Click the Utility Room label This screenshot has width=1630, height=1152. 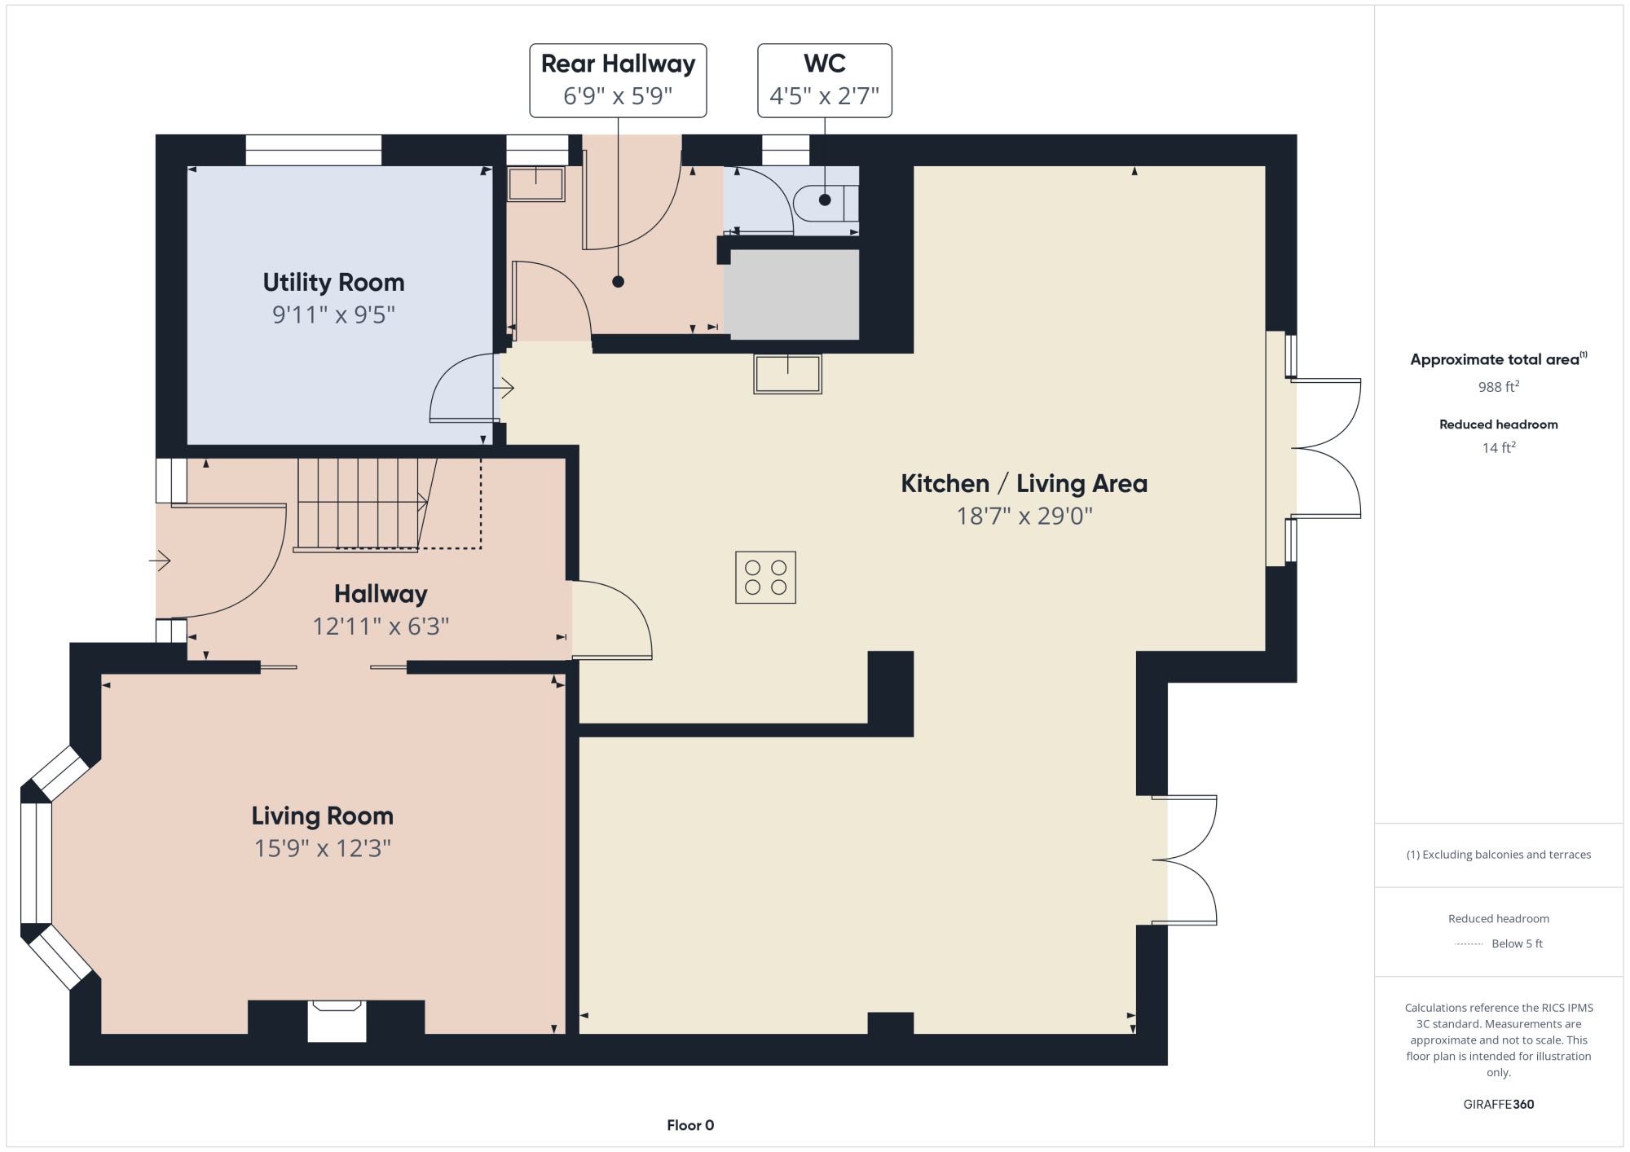(333, 283)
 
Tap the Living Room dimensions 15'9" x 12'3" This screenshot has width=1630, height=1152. (323, 848)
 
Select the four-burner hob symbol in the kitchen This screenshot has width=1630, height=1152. (765, 578)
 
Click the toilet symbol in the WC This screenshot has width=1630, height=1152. (826, 203)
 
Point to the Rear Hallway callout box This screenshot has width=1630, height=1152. (618, 81)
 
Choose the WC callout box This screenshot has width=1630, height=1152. (825, 81)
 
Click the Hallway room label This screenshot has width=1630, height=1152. (381, 594)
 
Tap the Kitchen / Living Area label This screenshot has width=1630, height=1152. (1024, 484)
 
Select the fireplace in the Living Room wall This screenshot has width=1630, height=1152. (337, 1021)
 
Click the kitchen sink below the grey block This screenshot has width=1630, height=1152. (787, 374)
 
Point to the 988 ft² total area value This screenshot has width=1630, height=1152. (1499, 387)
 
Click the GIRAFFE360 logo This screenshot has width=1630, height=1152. (1499, 1105)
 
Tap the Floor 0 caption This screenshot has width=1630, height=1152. (690, 1125)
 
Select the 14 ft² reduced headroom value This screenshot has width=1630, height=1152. (1499, 447)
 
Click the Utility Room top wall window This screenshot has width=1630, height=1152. (314, 151)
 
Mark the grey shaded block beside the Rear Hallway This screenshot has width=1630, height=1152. (795, 294)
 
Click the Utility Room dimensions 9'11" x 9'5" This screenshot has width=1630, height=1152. (333, 315)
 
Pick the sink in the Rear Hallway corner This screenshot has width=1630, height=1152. (535, 184)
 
